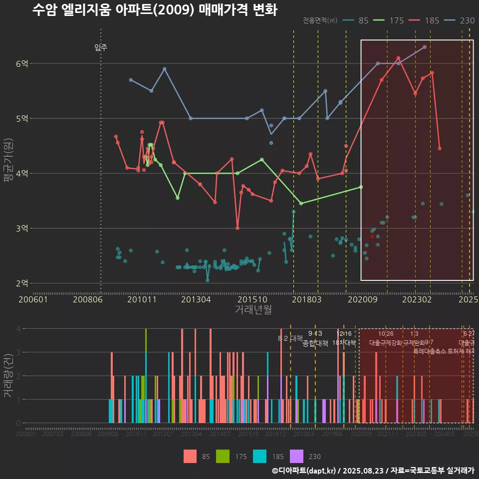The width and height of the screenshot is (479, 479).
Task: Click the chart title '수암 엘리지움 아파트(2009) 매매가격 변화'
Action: tap(154, 10)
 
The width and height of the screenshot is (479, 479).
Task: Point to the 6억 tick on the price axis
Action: tap(22, 63)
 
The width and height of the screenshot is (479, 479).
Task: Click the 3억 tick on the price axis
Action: tap(22, 229)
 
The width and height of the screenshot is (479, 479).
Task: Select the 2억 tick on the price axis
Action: tap(22, 283)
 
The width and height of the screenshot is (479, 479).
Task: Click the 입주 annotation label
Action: tap(101, 47)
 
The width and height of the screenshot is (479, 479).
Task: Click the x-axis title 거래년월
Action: tap(253, 310)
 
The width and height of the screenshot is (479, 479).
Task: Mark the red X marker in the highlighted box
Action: tap(372, 237)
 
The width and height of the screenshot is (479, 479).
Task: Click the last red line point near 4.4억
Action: tap(440, 148)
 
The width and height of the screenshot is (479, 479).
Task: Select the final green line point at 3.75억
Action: tap(361, 187)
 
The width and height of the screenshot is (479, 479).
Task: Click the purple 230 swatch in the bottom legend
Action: tap(296, 456)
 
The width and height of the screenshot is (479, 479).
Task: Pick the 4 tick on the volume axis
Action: tap(18, 329)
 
